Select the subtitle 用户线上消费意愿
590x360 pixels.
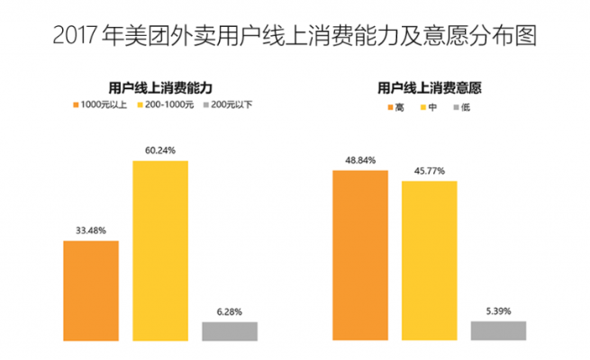[x=428, y=87]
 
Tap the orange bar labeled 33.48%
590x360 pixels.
[x=91, y=291]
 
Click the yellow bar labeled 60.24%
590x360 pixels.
[x=160, y=250]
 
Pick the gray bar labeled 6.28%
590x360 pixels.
[x=230, y=331]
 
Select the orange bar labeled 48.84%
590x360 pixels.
[x=360, y=255]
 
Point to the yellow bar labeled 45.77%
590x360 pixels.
[x=430, y=260]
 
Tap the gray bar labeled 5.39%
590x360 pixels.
[x=498, y=330]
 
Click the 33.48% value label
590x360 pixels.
[x=91, y=231]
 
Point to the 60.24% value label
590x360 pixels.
[x=160, y=150]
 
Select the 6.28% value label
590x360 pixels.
[x=230, y=311]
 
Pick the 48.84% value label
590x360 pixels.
[x=360, y=159]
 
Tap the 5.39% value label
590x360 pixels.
[x=498, y=311]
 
